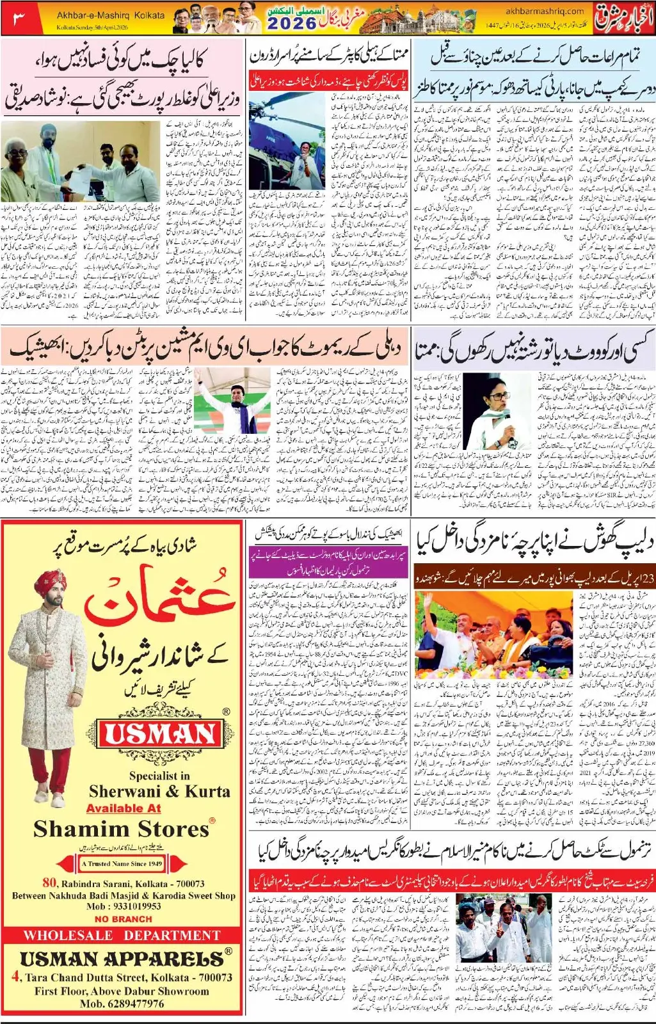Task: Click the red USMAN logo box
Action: pos(160,734)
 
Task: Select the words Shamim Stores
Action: pos(122,829)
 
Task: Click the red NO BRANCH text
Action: pos(123,918)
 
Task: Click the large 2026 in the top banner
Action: pos(292,24)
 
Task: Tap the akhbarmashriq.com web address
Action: pos(545,11)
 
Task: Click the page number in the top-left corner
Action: pos(19,18)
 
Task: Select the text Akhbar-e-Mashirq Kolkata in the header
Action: pos(110,15)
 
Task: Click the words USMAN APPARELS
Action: pos(122,959)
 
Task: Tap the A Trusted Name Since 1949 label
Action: pos(122,863)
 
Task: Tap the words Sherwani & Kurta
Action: pos(159,791)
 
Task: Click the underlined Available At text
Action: pos(124,808)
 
